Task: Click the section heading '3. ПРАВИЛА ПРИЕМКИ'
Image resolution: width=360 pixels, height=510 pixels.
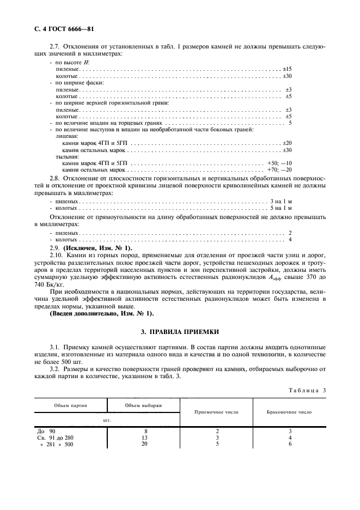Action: coord(179,331)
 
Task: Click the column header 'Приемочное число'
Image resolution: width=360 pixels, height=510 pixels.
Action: coord(216,412)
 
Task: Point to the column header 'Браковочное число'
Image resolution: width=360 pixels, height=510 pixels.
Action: coord(289,412)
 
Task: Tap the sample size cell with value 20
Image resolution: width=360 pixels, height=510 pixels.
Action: coord(144,444)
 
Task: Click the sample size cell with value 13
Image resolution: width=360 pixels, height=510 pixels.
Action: coord(144,438)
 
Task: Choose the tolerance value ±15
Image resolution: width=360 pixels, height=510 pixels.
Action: coord(287,69)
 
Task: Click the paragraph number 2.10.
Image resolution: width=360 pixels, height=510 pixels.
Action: coord(57,254)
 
